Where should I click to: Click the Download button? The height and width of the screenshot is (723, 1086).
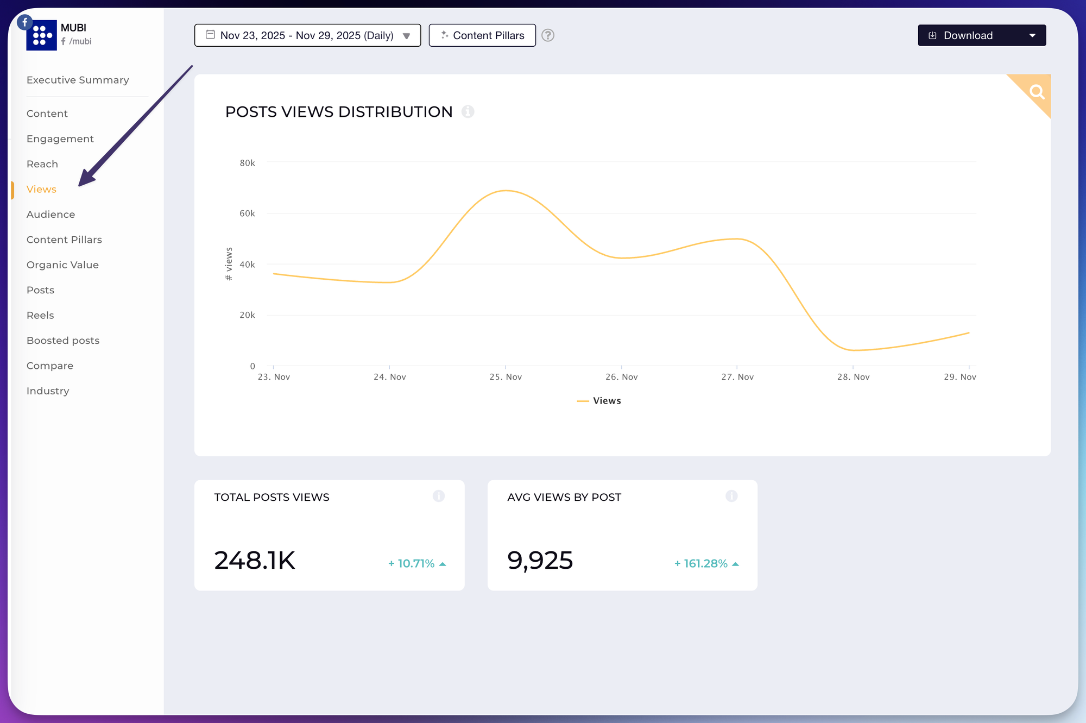coord(981,35)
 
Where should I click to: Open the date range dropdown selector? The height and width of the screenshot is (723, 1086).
coord(307,35)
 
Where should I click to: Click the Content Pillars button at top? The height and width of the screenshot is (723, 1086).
coord(482,35)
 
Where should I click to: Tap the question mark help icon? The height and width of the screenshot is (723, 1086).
coord(548,35)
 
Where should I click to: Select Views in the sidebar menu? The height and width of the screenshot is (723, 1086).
coord(41,189)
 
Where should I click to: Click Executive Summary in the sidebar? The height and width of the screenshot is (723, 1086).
coord(78,80)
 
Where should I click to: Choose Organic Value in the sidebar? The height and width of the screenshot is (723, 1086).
coord(62,265)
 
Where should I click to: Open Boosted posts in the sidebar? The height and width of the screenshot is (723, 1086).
coord(63,341)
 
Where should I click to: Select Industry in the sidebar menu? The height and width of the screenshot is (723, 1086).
coord(48,391)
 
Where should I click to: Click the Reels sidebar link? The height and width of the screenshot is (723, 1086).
coord(40,315)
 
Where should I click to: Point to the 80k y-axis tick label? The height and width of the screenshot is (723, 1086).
coord(247,163)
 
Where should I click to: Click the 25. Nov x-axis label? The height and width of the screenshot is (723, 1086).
coord(506,377)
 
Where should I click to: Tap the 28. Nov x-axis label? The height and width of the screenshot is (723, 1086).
coord(853,377)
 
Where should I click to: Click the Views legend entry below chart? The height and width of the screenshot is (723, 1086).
coord(599,401)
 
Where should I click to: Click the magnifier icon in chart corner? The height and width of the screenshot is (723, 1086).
coord(1037,92)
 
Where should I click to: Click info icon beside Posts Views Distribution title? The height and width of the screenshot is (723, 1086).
coord(468,112)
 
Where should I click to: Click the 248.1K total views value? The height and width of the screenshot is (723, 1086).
coord(255,560)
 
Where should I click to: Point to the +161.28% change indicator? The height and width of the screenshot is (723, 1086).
coord(706,564)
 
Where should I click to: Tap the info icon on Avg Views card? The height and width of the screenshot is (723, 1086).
coord(731,496)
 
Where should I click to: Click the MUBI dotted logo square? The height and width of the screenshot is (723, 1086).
coord(42,35)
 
